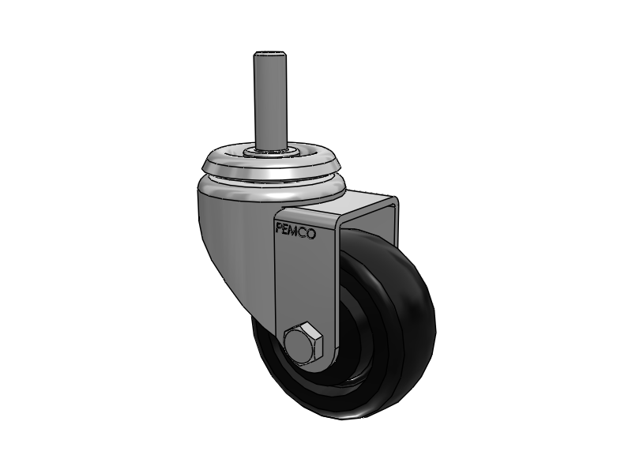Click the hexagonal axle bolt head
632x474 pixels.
[300, 343]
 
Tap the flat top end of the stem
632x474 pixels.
[267, 55]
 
